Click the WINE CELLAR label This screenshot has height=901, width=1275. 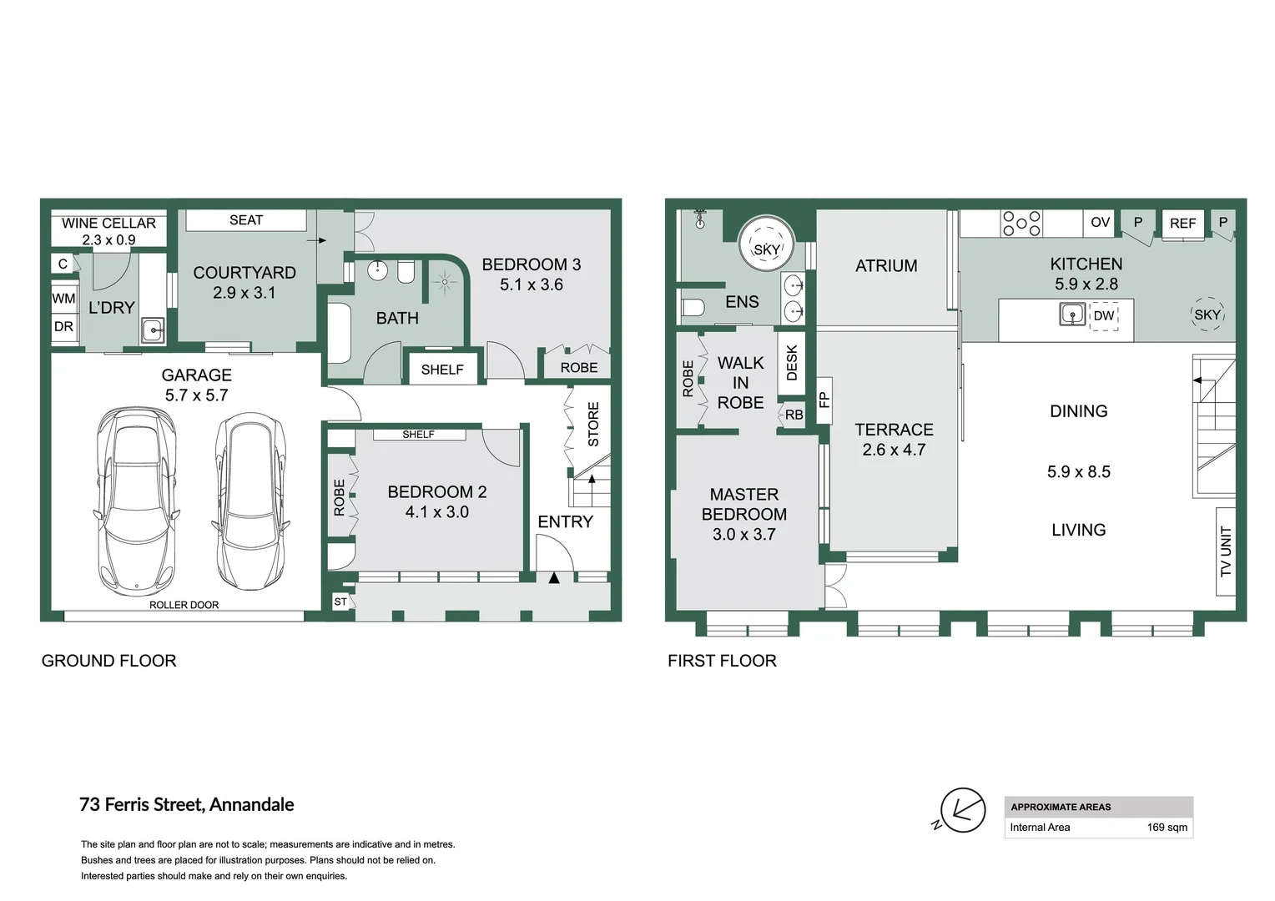pos(108,223)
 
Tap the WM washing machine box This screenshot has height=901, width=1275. pos(63,298)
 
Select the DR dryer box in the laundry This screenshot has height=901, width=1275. pos(63,327)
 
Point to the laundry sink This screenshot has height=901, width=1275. pos(153,330)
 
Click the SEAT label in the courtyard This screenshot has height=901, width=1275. pos(246,220)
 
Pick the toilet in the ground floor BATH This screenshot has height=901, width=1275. pos(406,272)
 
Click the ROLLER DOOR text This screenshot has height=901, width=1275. pos(184,605)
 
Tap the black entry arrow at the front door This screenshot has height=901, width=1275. pos(554,578)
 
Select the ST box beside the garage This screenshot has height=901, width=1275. pos(340,602)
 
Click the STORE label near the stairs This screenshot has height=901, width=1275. pos(593,425)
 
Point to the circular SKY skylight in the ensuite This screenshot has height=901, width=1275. pos(766,244)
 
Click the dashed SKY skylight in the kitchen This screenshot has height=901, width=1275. pos(1207,315)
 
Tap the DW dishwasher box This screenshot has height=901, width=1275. pos(1104,316)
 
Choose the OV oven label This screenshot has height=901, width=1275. pos(1101,222)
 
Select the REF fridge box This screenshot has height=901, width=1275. pos(1182,223)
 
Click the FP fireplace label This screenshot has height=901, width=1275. pos(824,400)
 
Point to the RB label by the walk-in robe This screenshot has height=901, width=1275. pos(794,415)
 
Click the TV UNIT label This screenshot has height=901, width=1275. pos(1226,551)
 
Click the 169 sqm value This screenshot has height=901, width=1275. pos(1167,828)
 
